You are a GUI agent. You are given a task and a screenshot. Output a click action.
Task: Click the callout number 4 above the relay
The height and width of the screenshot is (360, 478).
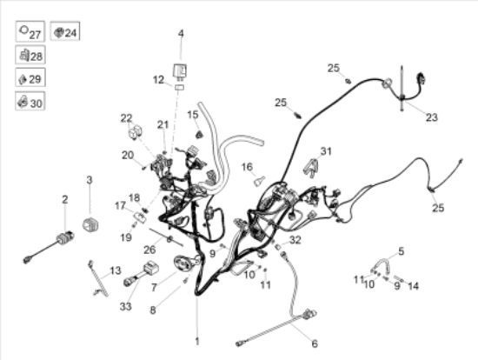(181, 33)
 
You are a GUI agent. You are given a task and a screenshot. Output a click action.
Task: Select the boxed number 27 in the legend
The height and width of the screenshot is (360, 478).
(35, 35)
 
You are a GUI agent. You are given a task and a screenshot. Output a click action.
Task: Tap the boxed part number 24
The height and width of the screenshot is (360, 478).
(70, 33)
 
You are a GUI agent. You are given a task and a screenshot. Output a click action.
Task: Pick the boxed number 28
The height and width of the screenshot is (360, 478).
(37, 57)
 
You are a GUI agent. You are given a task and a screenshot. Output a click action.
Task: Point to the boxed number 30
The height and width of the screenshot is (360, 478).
(37, 103)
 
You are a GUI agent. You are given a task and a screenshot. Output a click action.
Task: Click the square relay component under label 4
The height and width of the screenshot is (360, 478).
(180, 71)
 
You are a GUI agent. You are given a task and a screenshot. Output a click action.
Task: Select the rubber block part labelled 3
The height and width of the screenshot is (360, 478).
(90, 224)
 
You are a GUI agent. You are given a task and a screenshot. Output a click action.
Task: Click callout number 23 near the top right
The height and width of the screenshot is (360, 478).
(432, 117)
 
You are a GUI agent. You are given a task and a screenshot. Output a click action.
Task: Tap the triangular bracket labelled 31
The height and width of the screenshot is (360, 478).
(311, 168)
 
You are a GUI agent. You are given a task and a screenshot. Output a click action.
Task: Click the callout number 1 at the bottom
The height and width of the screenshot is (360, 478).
(197, 341)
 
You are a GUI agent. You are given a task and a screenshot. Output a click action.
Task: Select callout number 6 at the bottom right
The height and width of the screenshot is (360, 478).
(315, 343)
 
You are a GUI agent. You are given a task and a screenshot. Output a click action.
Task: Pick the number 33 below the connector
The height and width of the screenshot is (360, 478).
(126, 306)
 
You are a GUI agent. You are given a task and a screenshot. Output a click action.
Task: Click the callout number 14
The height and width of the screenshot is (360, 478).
(413, 286)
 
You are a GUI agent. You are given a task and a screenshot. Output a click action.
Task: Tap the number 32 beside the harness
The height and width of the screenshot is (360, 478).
(295, 240)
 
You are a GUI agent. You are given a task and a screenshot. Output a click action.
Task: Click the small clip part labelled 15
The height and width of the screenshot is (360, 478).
(199, 135)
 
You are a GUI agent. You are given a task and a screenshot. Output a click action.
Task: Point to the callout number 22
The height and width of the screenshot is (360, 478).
(126, 118)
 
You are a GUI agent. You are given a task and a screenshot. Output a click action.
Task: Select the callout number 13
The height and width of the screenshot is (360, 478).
(116, 270)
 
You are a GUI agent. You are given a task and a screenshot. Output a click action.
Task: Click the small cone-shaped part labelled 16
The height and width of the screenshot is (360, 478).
(259, 181)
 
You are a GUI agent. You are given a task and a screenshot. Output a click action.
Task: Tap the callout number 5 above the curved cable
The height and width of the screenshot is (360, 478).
(402, 251)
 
